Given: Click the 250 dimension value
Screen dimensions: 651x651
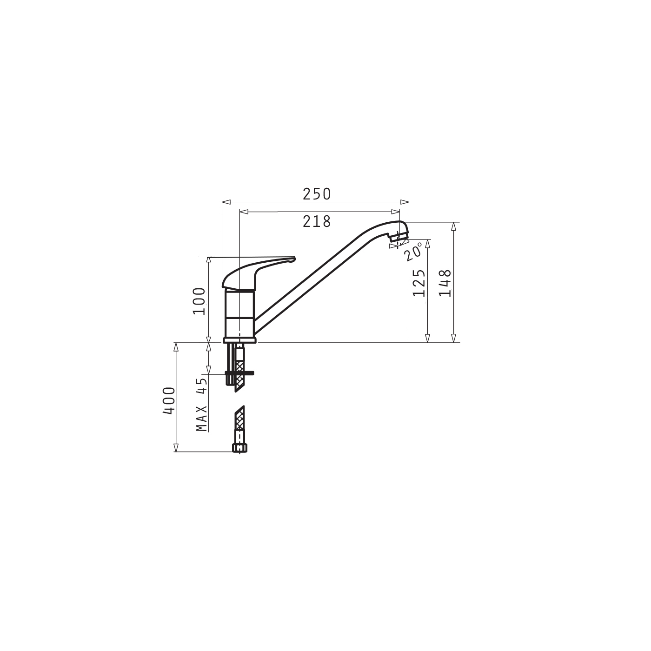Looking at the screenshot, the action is click(x=317, y=194).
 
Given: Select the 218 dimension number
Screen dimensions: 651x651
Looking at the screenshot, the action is click(x=317, y=222).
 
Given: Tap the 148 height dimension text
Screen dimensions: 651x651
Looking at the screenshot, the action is click(x=445, y=283).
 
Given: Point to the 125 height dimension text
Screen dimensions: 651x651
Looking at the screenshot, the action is click(x=419, y=283).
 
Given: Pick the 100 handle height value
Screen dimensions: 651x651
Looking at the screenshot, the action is click(x=199, y=301).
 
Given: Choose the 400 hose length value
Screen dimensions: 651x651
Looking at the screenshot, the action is click(x=169, y=401).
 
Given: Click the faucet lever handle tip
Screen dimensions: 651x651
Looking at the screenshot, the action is click(x=293, y=259).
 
